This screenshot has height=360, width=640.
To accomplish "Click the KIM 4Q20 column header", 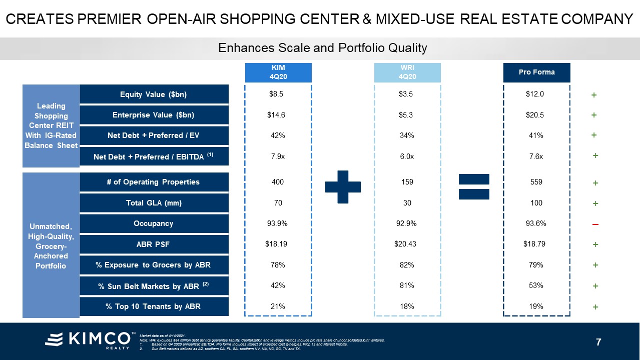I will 278,72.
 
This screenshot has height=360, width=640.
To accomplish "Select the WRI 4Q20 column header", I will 407,72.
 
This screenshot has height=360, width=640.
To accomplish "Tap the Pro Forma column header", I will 536,72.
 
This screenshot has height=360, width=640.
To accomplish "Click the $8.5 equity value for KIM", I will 277,94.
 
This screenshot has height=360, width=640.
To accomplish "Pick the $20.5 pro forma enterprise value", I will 536,115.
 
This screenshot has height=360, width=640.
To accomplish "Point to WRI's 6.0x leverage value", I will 407,156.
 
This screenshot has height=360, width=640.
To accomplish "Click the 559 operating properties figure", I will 536,182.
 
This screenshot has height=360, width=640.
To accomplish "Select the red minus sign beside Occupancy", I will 595,224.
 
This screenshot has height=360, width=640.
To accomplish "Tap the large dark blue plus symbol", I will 343,186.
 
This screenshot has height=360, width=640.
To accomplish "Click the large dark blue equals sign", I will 474,186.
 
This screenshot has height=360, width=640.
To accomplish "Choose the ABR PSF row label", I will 154,244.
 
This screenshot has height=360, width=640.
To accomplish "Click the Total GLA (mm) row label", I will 154,203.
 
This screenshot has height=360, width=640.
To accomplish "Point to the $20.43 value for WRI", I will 407,244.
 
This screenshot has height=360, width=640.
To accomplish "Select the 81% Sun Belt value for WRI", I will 407,285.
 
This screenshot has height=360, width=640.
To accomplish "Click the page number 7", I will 598,342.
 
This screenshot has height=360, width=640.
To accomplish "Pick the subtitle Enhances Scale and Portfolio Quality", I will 323,48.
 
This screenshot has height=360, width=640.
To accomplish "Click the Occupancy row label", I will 154,223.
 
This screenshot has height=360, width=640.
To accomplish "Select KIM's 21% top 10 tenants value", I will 277,306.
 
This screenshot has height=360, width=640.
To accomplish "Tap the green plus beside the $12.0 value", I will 594,95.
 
